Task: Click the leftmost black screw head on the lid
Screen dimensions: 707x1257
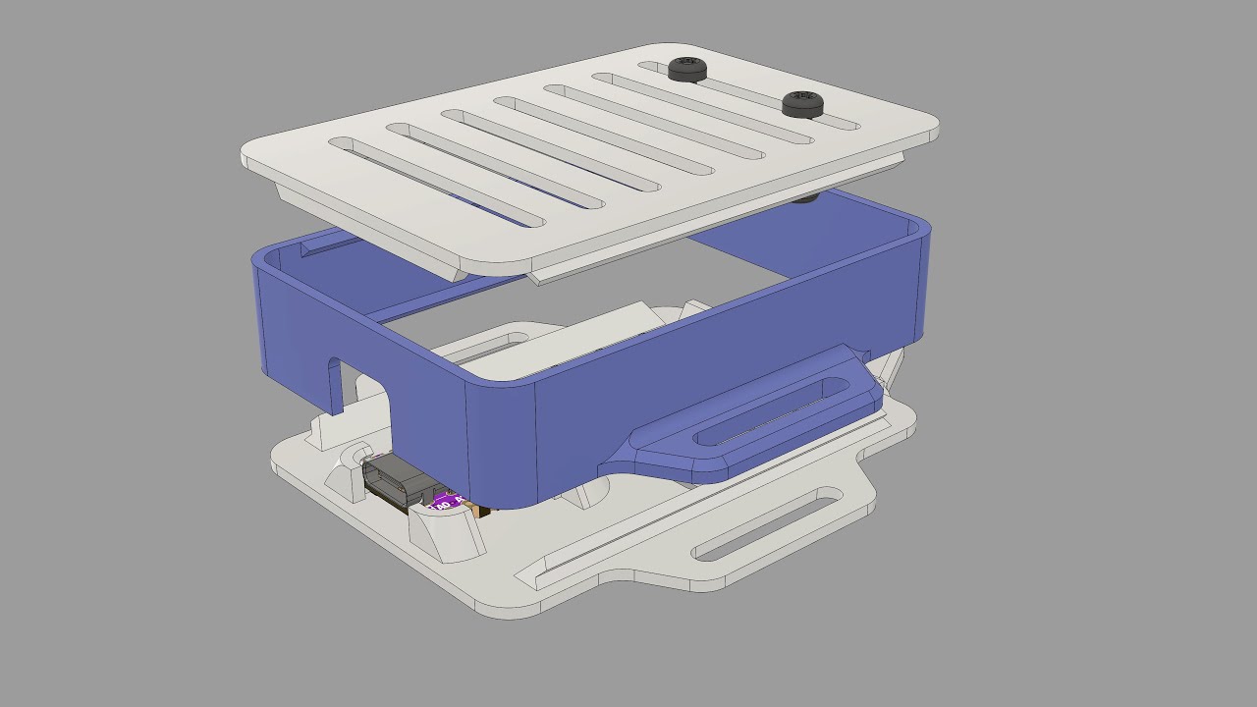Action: (x=687, y=69)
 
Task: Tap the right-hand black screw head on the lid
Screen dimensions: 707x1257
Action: (x=802, y=102)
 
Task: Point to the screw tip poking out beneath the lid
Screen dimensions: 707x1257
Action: (x=804, y=198)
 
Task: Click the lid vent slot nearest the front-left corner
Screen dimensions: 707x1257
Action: (x=437, y=182)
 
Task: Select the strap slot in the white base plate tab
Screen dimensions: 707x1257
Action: (x=766, y=527)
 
